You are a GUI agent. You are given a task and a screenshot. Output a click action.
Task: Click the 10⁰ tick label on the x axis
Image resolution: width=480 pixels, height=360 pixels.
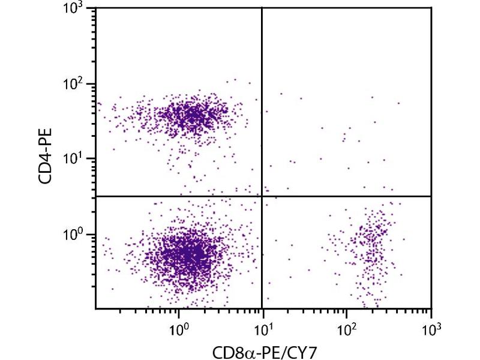tap(178, 328)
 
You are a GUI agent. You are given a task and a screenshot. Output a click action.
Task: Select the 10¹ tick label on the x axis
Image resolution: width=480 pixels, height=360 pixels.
tap(263, 328)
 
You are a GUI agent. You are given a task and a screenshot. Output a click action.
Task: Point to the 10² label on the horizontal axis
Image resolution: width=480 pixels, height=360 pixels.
tap(347, 328)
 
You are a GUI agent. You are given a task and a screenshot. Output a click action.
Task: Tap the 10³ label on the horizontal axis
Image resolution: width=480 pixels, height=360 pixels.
tap(431, 328)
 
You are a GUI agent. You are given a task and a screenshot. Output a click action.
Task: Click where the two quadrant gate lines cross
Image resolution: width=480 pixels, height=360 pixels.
tap(262, 196)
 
